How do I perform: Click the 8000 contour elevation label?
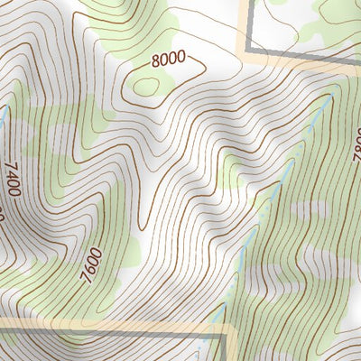(168, 60)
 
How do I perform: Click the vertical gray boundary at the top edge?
(246, 18)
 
